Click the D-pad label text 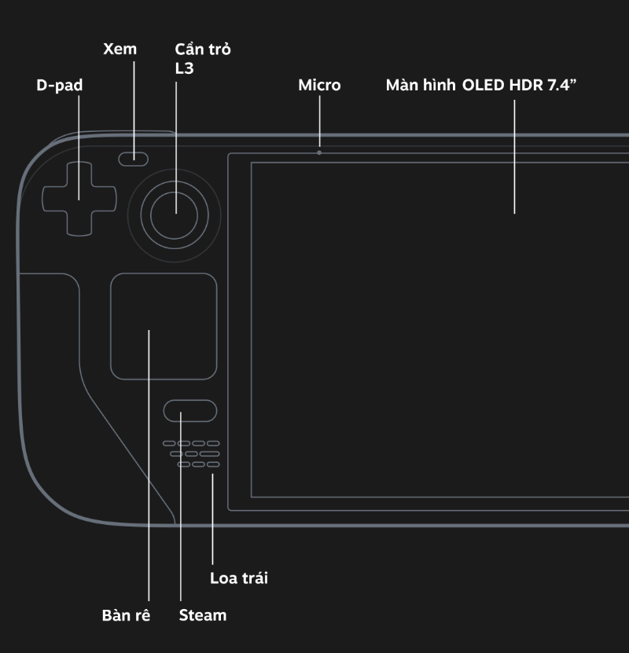(59, 86)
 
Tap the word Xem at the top (120, 50)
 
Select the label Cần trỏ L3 (202, 59)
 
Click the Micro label (319, 86)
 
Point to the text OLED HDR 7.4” (520, 86)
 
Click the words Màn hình (420, 86)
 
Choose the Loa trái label (239, 579)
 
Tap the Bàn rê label (126, 614)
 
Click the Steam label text (203, 614)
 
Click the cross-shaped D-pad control (79, 199)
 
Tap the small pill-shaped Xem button (134, 160)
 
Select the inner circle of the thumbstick (175, 213)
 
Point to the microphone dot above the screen (319, 152)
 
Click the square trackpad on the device (164, 326)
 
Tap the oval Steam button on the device (190, 411)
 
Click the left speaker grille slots (192, 454)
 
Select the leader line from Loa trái (212, 519)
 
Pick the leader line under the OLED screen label (514, 157)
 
